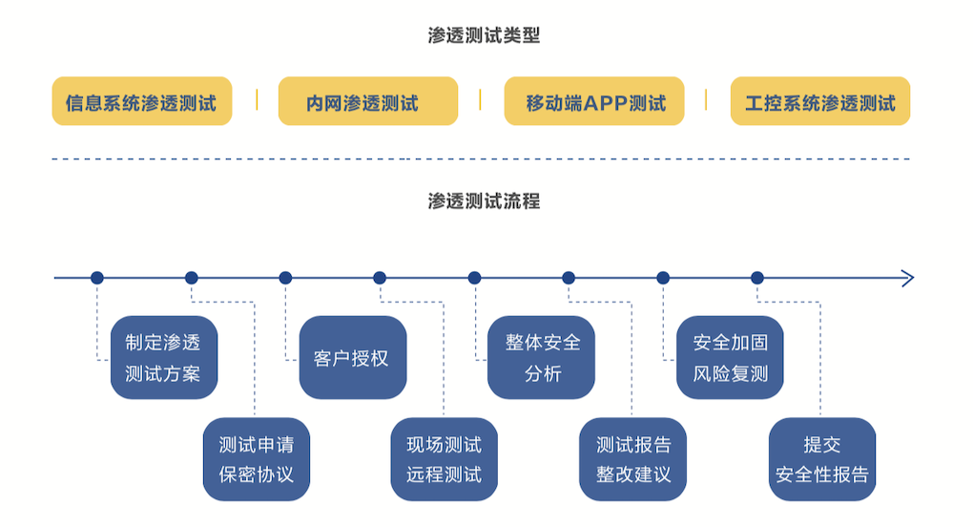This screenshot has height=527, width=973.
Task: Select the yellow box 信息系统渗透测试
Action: tap(141, 101)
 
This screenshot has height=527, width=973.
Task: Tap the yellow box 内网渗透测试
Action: tap(367, 101)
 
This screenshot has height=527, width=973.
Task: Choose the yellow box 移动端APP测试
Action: tap(593, 101)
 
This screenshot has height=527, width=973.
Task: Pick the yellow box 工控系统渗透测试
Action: tap(819, 101)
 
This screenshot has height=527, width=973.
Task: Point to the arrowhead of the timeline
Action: tap(908, 278)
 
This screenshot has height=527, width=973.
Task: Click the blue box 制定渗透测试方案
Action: tap(163, 357)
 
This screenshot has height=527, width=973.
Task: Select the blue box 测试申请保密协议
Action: tap(256, 458)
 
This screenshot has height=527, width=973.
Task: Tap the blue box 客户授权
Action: tap(352, 357)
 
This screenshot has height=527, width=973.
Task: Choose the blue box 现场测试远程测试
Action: tap(444, 458)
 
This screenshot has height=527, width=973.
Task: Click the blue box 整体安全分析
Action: tap(541, 357)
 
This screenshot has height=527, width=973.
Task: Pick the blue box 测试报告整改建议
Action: tap(632, 458)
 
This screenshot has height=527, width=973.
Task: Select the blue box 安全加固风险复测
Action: tap(730, 357)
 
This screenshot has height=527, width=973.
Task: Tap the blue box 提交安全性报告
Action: tap(821, 458)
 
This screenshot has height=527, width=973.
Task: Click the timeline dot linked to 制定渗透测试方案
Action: tap(96, 278)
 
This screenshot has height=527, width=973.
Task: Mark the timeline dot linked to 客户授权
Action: tap(285, 278)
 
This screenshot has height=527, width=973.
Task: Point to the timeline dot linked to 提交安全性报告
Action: tap(757, 278)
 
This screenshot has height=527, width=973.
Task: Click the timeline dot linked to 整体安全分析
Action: tap(474, 278)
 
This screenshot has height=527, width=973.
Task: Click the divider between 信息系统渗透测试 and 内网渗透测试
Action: tap(256, 100)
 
